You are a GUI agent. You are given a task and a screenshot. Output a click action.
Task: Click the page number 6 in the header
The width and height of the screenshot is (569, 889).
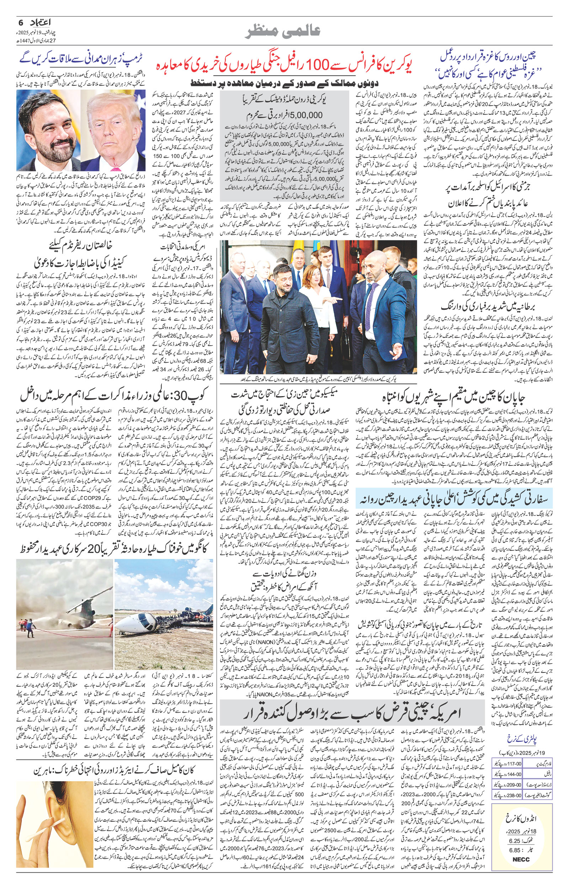21,22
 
